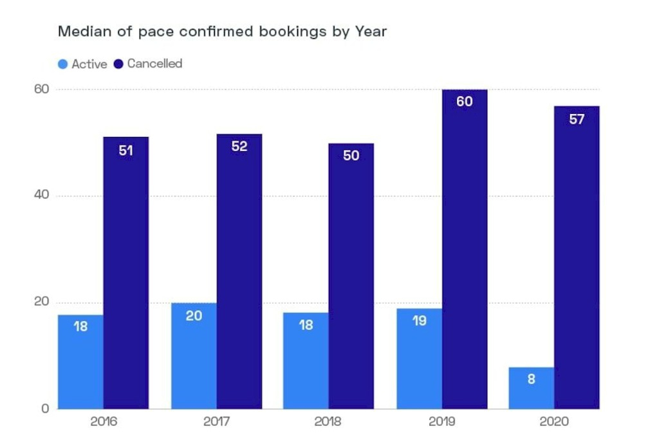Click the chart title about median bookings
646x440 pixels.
222,31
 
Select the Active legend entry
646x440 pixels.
82,64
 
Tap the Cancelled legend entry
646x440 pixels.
148,64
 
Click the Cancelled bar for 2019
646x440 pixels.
464,251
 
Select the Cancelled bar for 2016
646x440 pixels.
126,273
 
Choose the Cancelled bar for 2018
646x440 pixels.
351,277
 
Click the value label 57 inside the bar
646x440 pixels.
577,119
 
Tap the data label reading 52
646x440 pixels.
239,147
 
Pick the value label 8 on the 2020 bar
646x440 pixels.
531,380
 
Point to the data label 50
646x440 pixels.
351,156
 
